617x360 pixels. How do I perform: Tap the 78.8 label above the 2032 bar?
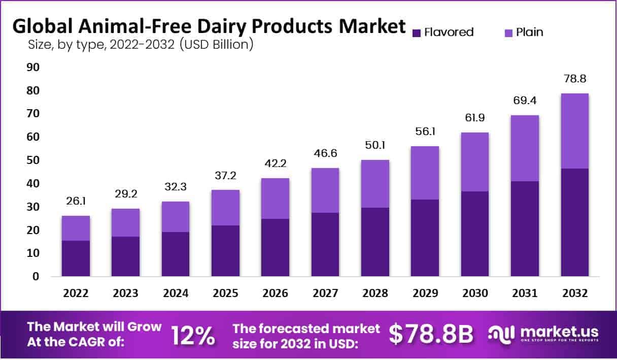575,79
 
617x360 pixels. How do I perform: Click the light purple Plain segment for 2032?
575,131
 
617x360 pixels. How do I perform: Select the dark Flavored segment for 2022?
76,258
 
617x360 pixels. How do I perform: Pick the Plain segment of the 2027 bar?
325,190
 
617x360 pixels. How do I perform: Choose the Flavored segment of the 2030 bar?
474,234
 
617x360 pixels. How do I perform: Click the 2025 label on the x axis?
225,293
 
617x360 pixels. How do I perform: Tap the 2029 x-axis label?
425,293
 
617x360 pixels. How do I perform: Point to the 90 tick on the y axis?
32,68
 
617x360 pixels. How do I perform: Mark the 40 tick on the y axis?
32,183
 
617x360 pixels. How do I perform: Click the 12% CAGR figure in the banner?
193,335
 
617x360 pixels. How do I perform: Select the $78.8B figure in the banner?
431,335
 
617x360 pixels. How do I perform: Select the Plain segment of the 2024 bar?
176,217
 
